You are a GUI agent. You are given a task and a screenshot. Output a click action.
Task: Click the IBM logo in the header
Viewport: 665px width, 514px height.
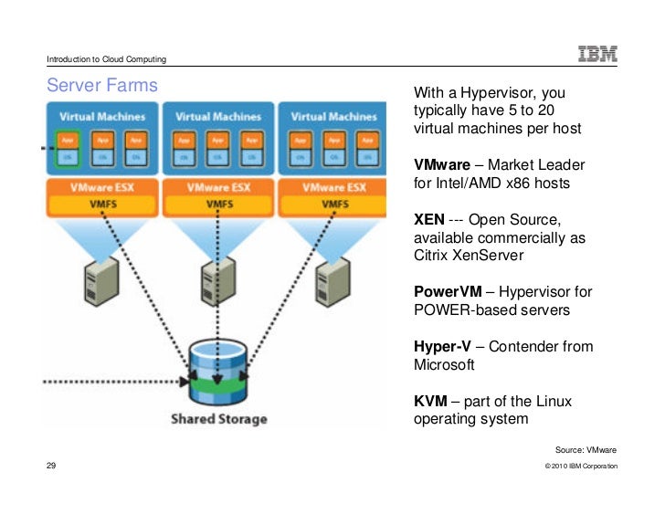pyautogui.click(x=597, y=54)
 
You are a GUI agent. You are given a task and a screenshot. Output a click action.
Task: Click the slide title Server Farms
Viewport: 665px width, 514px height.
pyautogui.click(x=102, y=86)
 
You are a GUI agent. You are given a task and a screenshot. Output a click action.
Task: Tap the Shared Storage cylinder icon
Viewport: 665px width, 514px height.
pyautogui.click(x=218, y=372)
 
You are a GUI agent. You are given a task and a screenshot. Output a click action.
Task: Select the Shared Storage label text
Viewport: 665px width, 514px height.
pyautogui.click(x=219, y=419)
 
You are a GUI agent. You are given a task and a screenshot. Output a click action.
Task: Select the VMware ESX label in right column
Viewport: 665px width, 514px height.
pyautogui.click(x=333, y=187)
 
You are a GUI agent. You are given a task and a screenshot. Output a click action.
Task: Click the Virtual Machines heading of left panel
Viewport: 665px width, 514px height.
pyautogui.click(x=103, y=117)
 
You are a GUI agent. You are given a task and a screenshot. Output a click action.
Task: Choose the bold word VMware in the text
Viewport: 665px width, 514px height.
pyautogui.click(x=442, y=165)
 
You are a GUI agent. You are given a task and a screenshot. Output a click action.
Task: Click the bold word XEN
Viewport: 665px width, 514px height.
pyautogui.click(x=431, y=219)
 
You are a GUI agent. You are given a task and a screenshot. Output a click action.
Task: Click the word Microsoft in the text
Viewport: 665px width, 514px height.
pyautogui.click(x=444, y=364)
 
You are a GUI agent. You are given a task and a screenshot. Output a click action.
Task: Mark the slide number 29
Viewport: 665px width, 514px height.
pyautogui.click(x=52, y=466)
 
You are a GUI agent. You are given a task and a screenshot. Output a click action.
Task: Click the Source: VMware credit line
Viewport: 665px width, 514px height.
pyautogui.click(x=586, y=449)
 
